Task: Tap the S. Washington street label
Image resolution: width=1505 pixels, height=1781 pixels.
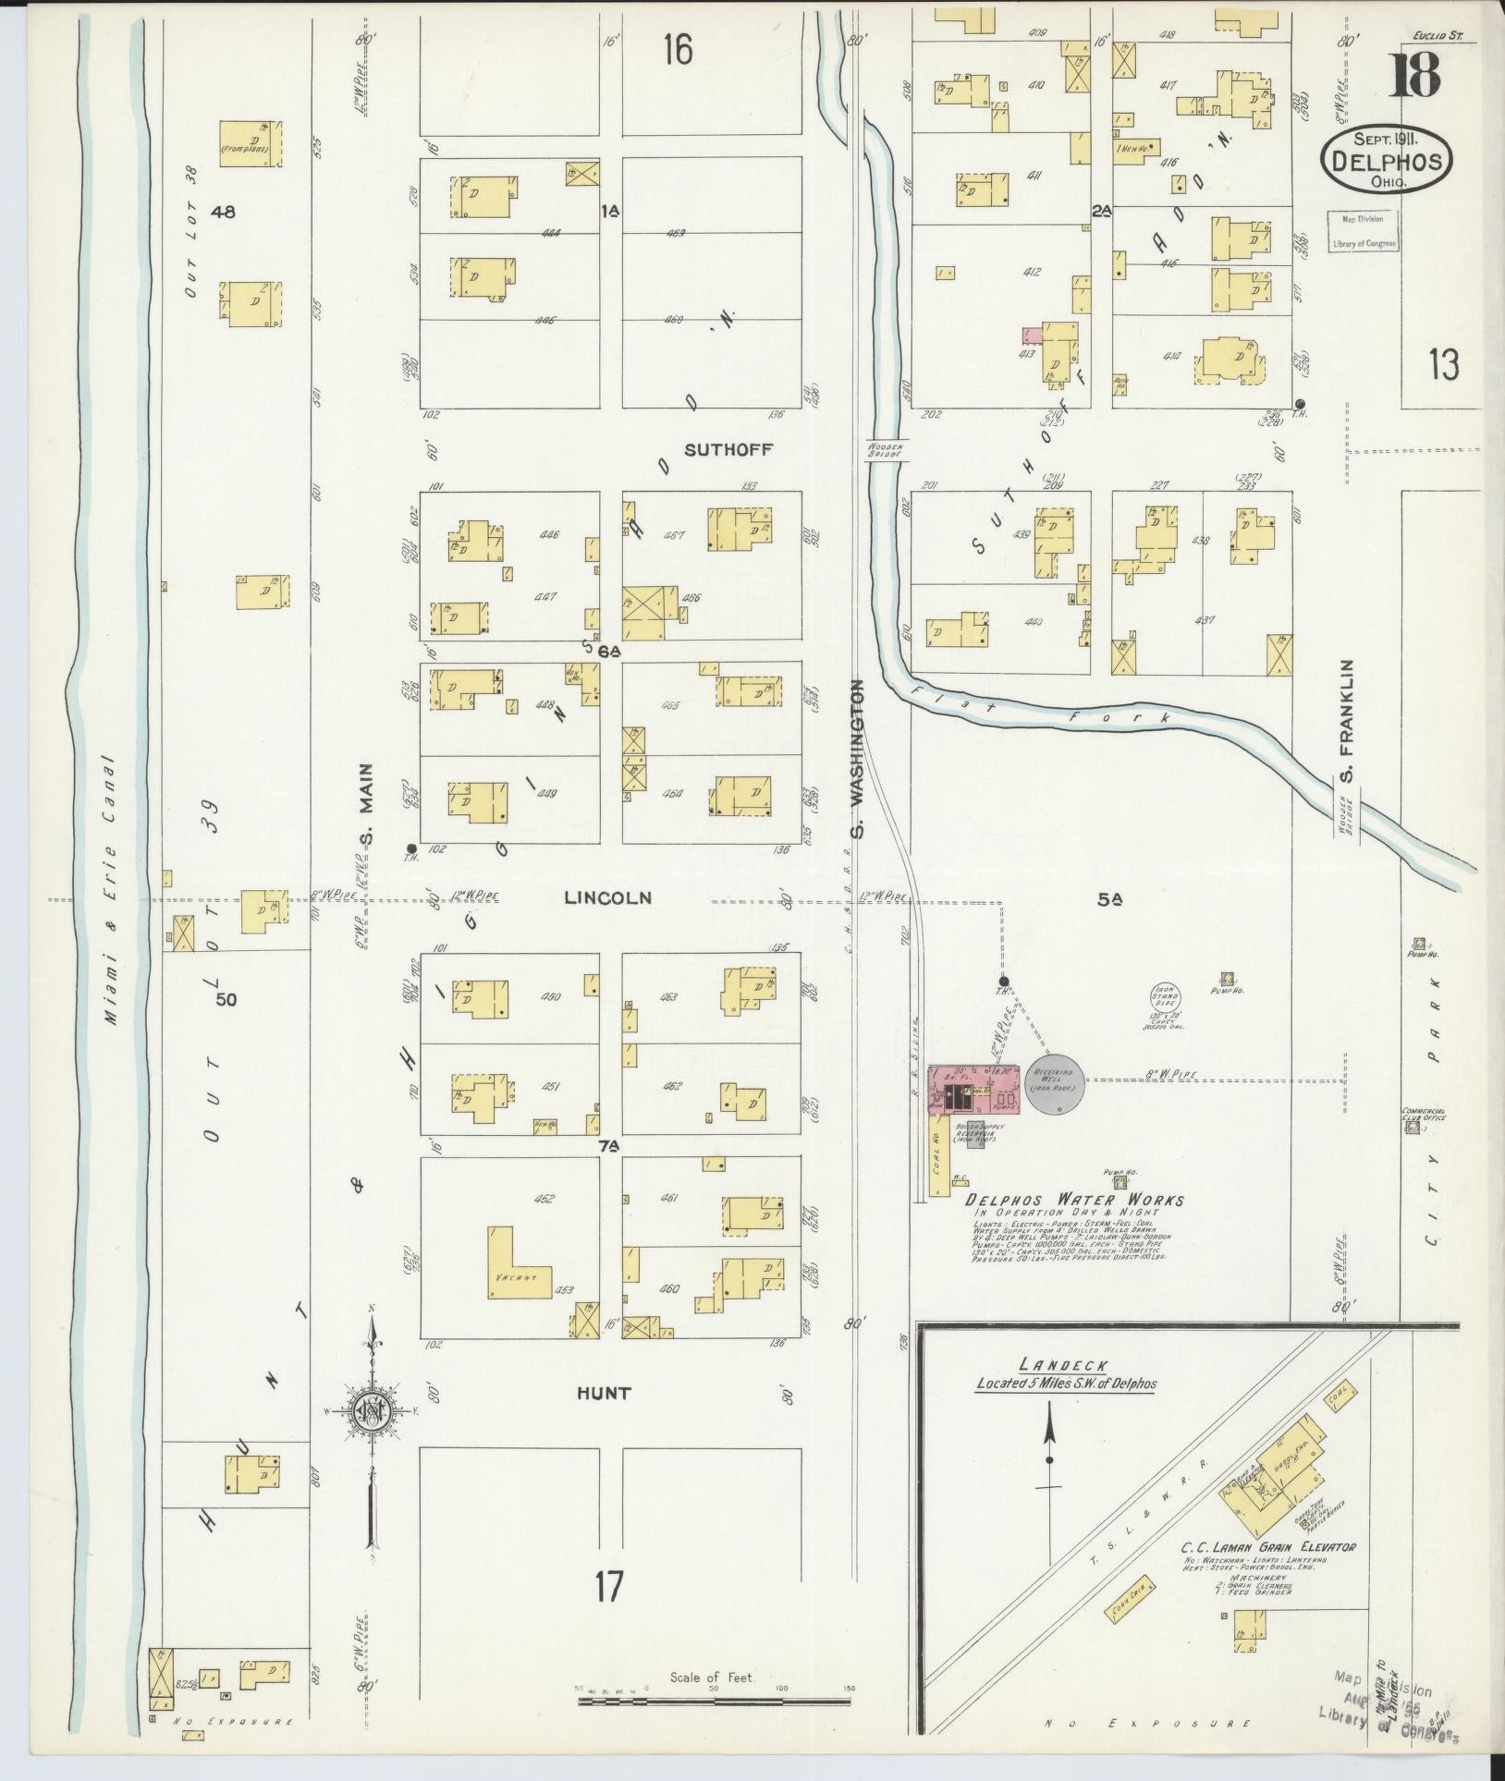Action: (x=859, y=758)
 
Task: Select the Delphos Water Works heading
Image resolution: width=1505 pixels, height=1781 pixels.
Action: (x=1074, y=1201)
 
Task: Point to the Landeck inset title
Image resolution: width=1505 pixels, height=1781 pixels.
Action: (x=1052, y=1365)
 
